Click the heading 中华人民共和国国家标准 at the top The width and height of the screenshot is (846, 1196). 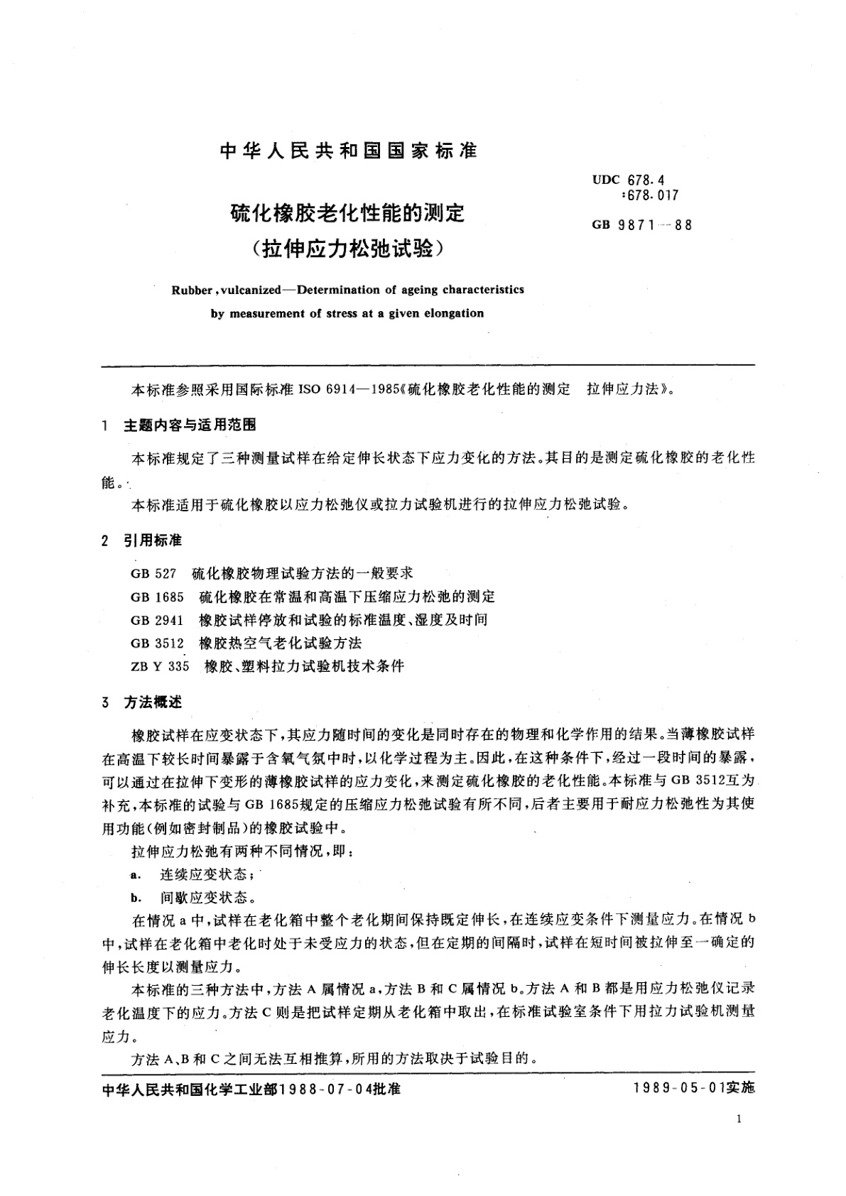(x=348, y=151)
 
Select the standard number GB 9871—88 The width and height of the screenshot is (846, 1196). (x=641, y=226)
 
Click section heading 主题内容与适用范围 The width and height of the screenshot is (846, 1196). (x=190, y=425)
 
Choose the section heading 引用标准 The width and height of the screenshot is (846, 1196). (x=153, y=541)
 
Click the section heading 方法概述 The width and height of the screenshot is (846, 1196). (x=153, y=702)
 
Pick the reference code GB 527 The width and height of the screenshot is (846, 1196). (x=148, y=573)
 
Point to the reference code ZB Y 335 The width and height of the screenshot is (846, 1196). (x=160, y=667)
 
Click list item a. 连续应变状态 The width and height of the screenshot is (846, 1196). (x=197, y=874)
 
